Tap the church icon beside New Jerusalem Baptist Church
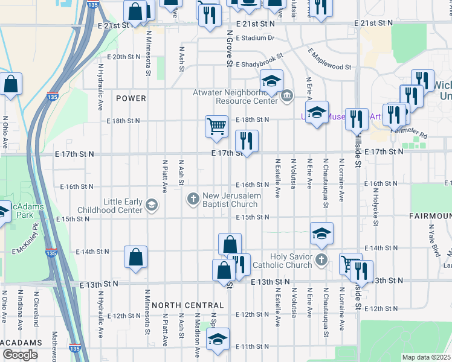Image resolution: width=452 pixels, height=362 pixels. click(x=193, y=198)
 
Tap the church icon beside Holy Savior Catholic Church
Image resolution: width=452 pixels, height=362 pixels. click(x=321, y=261)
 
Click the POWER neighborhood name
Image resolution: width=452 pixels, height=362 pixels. click(x=131, y=98)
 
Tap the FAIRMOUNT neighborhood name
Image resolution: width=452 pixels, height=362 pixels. click(x=430, y=215)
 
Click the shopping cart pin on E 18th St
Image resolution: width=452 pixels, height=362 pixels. click(x=216, y=127)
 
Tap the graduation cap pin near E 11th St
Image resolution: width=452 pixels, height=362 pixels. click(x=218, y=339)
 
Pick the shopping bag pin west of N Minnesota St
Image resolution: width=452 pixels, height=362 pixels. click(x=135, y=257)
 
